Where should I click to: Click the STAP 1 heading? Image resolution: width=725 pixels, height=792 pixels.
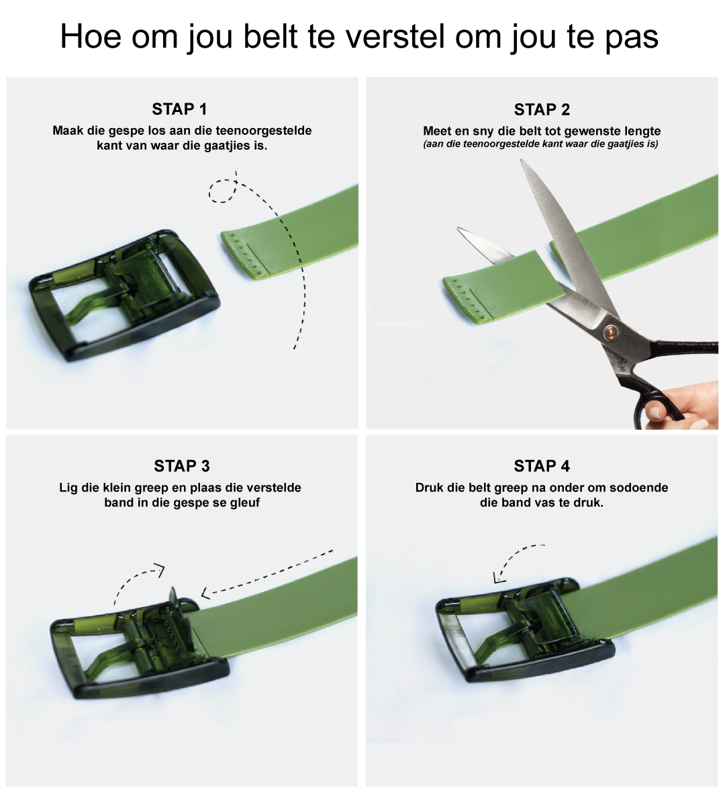click(x=179, y=109)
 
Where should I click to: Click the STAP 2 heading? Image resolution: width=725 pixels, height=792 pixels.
click(x=542, y=109)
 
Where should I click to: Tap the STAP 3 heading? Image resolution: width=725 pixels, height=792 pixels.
click(x=181, y=465)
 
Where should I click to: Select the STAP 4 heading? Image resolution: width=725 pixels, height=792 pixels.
click(x=542, y=465)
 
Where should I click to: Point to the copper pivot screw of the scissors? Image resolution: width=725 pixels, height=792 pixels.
click(x=612, y=332)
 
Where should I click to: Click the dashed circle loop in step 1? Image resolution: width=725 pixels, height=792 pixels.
click(x=222, y=191)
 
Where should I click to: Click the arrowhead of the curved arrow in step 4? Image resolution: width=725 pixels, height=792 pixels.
click(x=499, y=577)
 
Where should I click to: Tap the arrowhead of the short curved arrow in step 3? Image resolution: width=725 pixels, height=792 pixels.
click(x=160, y=570)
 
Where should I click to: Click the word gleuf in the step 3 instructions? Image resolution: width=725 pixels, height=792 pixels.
click(x=245, y=502)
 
